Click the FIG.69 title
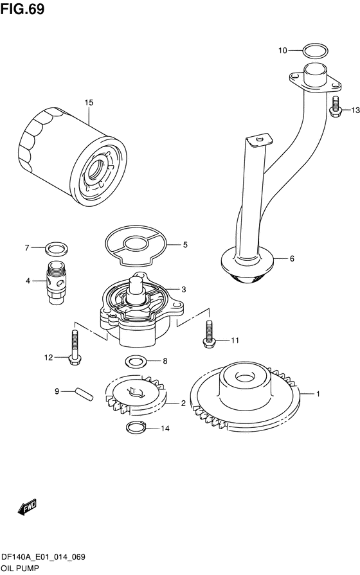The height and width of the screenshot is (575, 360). [x=22, y=10]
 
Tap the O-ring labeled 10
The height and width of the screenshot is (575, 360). [x=316, y=46]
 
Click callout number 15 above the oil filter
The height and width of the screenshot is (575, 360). [x=89, y=103]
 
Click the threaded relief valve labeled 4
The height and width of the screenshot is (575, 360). [x=57, y=281]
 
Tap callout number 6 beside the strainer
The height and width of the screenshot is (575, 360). [x=292, y=259]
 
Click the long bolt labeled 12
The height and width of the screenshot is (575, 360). [x=75, y=347]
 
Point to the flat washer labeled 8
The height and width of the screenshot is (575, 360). [x=136, y=361]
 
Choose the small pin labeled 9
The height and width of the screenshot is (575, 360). [x=85, y=394]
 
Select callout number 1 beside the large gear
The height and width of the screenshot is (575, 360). [x=318, y=394]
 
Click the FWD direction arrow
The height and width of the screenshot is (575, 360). [x=27, y=506]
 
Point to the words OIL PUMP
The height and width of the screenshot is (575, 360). [x=19, y=569]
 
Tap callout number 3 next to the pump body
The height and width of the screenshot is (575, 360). [x=183, y=290]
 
